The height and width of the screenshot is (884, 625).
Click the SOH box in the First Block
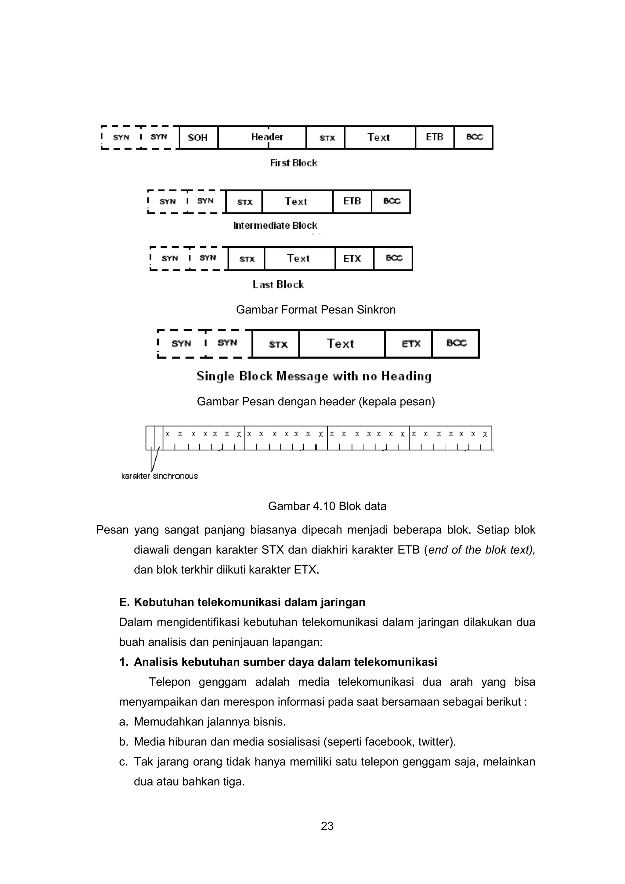click(x=198, y=137)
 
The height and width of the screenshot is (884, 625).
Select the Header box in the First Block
click(x=262, y=137)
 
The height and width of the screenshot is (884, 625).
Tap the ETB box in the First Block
click(x=435, y=137)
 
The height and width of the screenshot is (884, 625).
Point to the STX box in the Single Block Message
click(x=276, y=344)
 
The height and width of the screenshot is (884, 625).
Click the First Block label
click(x=294, y=163)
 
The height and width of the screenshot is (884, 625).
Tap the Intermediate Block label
click(x=275, y=226)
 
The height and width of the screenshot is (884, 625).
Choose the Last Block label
click(x=278, y=284)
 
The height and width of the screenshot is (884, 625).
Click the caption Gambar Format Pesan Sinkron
click(x=316, y=310)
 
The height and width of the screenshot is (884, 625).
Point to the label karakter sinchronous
click(x=159, y=476)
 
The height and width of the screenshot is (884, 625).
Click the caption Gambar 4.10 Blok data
click(x=327, y=506)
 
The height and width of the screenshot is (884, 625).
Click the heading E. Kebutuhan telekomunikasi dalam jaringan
click(x=242, y=602)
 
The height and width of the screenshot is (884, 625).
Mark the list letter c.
click(x=123, y=762)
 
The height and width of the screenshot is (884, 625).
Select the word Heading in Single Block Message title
click(x=406, y=376)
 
